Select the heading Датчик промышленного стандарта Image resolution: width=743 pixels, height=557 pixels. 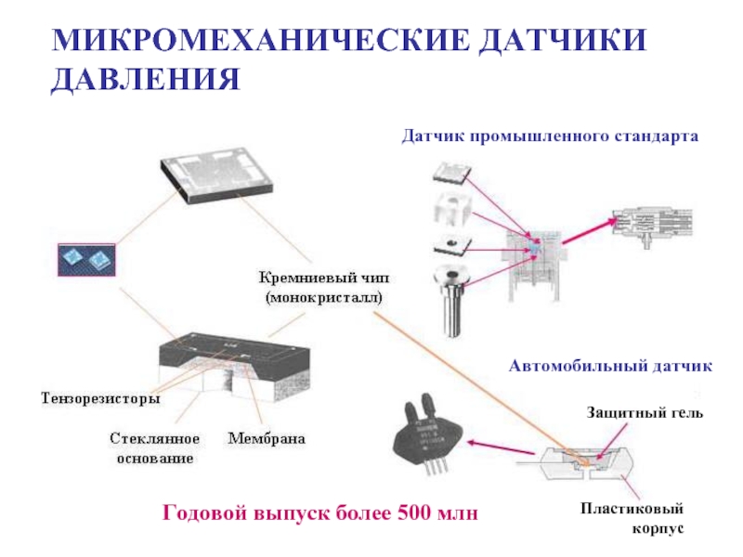point(549,136)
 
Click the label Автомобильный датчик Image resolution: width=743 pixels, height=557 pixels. point(610,367)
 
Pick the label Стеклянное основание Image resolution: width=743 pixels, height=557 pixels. point(155,447)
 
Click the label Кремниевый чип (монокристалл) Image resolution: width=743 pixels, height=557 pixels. point(324,287)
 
